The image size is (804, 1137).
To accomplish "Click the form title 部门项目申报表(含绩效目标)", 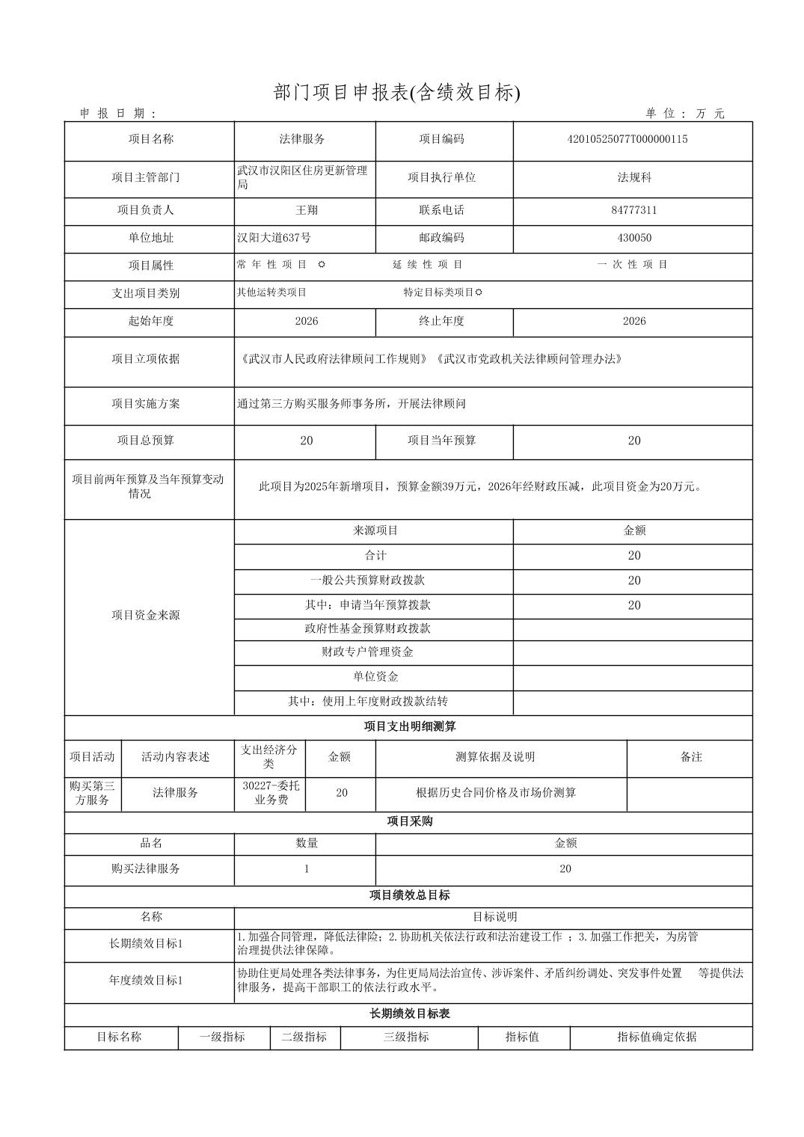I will pyautogui.click(x=396, y=93).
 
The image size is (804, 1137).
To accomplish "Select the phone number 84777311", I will pyautogui.click(x=633, y=210).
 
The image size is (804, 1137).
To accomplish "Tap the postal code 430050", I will pyautogui.click(x=633, y=238).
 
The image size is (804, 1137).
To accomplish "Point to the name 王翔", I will pyautogui.click(x=307, y=210).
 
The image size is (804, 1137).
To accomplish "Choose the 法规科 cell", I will pyautogui.click(x=633, y=178).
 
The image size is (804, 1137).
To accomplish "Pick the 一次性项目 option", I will pyautogui.click(x=633, y=265).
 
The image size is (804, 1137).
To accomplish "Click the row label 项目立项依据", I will pyautogui.click(x=146, y=359).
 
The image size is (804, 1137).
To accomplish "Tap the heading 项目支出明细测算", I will pyautogui.click(x=409, y=727).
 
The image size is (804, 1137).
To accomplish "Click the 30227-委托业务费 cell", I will pyautogui.click(x=271, y=793).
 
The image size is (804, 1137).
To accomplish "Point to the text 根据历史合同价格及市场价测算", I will pyautogui.click(x=496, y=793).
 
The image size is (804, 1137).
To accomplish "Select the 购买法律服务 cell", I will pyautogui.click(x=146, y=869).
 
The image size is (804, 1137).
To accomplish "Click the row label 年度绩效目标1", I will pyautogui.click(x=146, y=981).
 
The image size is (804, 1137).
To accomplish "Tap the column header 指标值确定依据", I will pyautogui.click(x=657, y=1038).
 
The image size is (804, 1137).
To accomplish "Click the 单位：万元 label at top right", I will pyautogui.click(x=685, y=114).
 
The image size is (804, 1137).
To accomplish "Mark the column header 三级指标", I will pyautogui.click(x=406, y=1038).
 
